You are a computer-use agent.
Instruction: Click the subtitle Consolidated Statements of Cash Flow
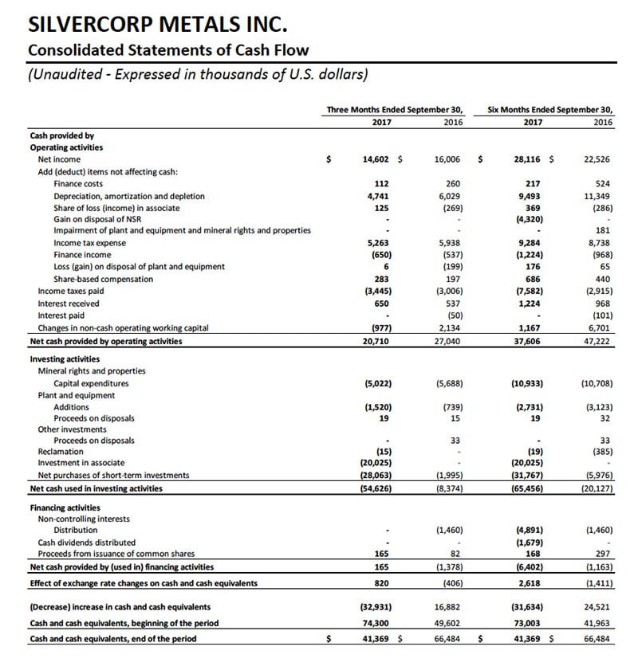(168, 50)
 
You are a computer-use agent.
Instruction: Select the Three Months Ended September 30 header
(395, 110)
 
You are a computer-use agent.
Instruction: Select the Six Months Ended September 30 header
(550, 110)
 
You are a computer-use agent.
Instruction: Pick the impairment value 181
(604, 231)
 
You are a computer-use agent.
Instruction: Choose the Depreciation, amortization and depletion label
(128, 195)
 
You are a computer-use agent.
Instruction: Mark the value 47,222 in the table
(599, 341)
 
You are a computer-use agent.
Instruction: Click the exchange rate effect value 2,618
(530, 583)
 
